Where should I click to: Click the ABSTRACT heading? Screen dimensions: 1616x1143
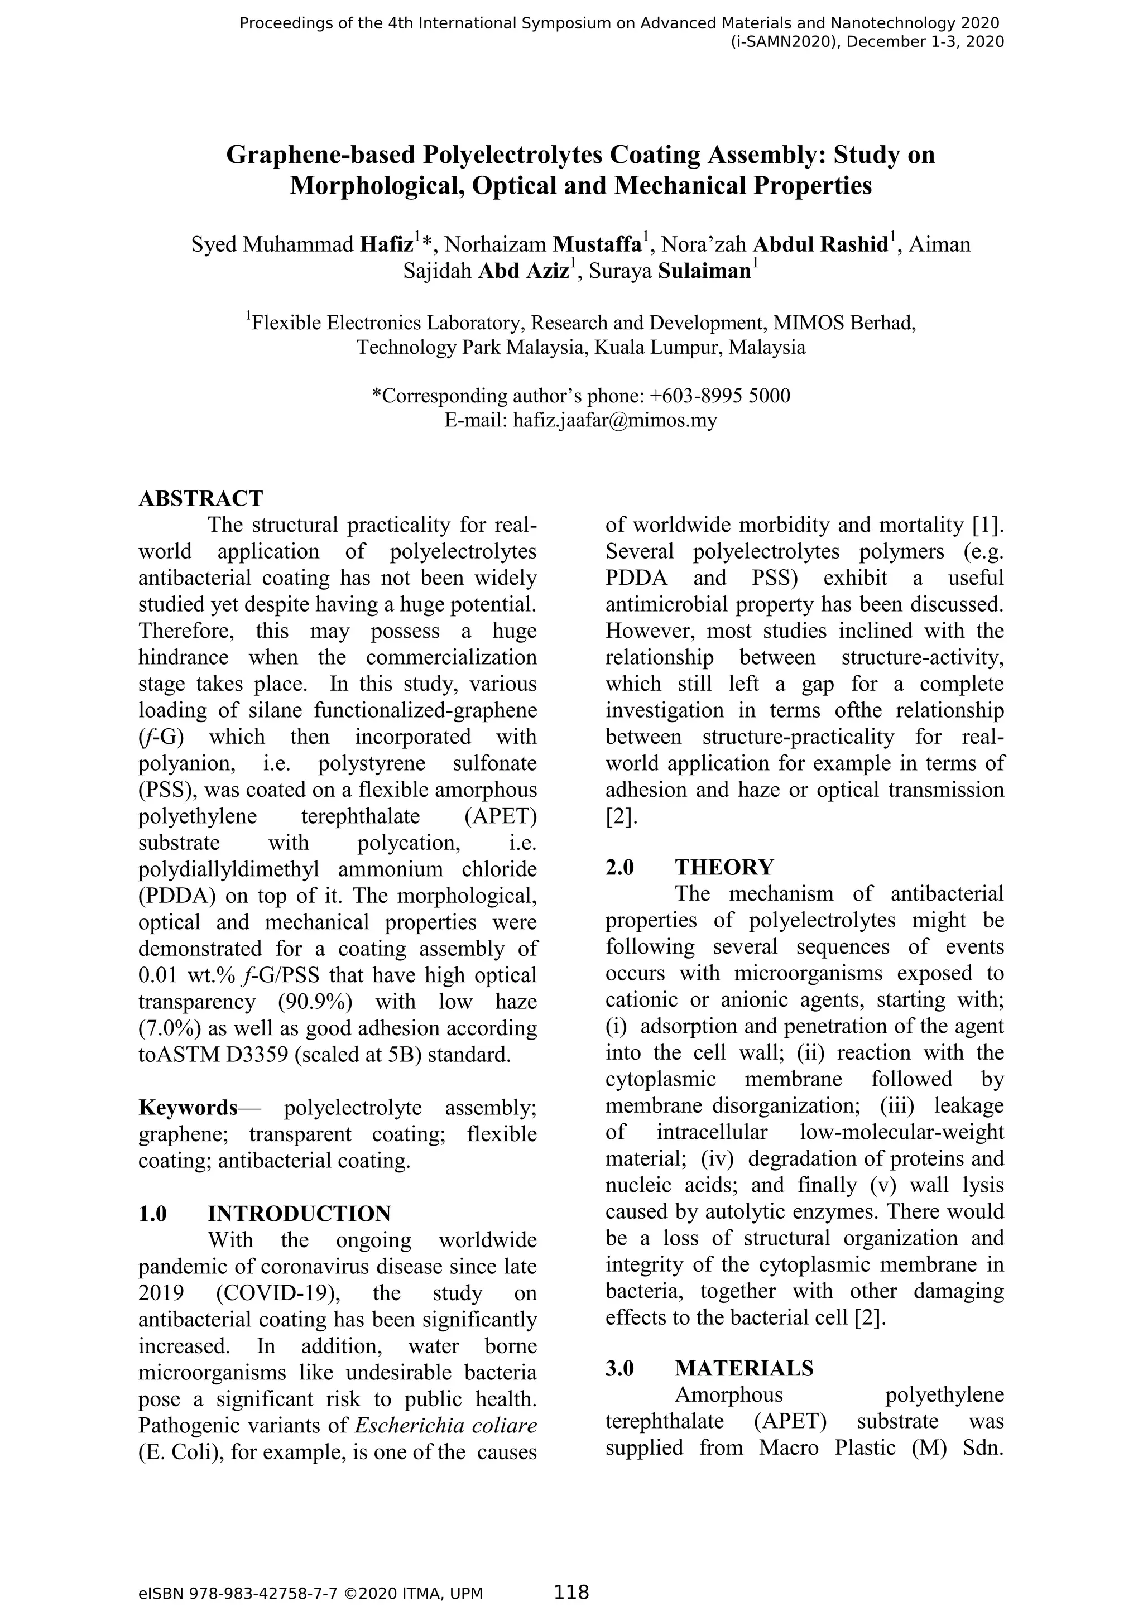pos(200,498)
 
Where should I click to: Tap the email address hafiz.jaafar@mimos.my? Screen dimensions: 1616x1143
pos(615,420)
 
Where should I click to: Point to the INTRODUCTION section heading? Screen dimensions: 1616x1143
pos(299,1214)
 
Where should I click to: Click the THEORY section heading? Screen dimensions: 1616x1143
pos(724,867)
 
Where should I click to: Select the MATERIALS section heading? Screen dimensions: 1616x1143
pos(744,1368)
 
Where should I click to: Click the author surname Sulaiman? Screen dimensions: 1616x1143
pos(704,272)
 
